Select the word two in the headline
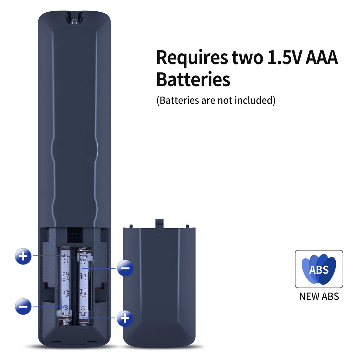pos(247,58)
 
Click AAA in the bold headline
pos(322,58)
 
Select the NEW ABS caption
pos(319,296)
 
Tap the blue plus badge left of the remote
pos(23,256)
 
